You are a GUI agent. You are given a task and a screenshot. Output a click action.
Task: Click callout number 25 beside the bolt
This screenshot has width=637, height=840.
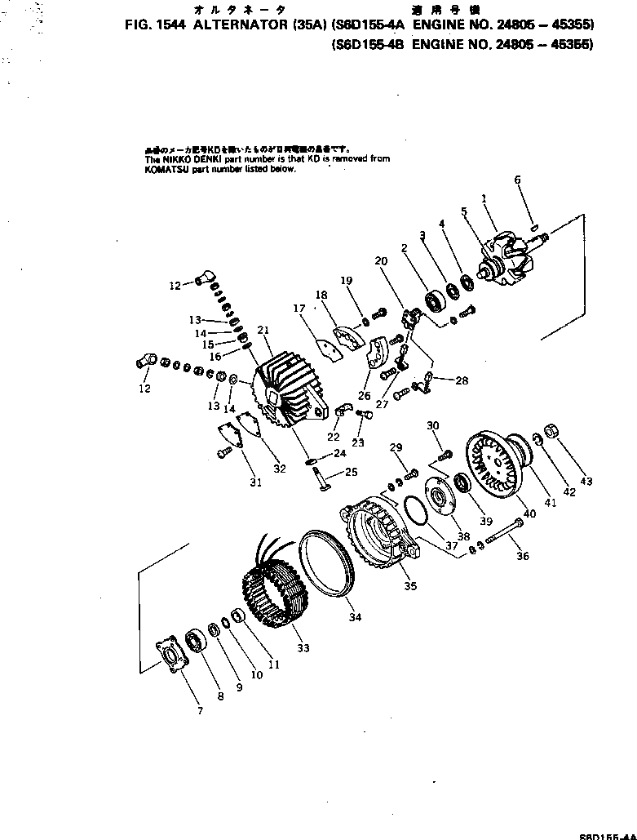(x=352, y=472)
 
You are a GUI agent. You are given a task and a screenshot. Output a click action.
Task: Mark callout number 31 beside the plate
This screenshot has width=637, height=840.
(x=255, y=482)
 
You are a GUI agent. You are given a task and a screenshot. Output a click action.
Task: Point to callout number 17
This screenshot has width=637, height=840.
(x=299, y=309)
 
